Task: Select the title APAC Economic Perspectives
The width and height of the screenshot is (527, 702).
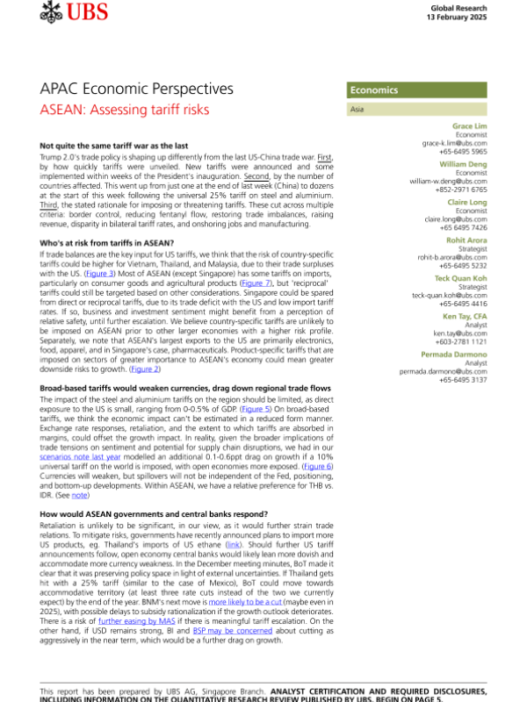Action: [x=137, y=90]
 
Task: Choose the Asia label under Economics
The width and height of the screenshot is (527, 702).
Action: [x=357, y=111]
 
